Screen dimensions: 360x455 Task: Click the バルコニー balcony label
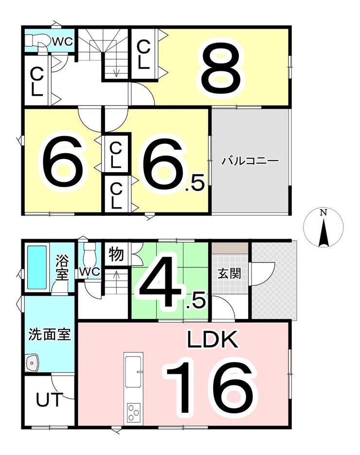point(250,160)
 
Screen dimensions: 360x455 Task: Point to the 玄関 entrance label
point(229,273)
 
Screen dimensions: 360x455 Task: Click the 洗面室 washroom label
point(49,334)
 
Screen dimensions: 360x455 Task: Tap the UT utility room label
point(49,400)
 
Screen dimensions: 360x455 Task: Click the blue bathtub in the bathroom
point(37,267)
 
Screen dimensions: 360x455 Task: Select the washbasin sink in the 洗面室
point(32,363)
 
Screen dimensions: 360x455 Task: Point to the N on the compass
point(323,213)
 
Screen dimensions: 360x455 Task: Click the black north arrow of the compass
point(323,234)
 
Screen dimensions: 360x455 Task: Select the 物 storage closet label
point(116,254)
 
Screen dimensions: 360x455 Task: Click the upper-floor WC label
point(63,42)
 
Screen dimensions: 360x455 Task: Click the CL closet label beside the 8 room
point(144,54)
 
